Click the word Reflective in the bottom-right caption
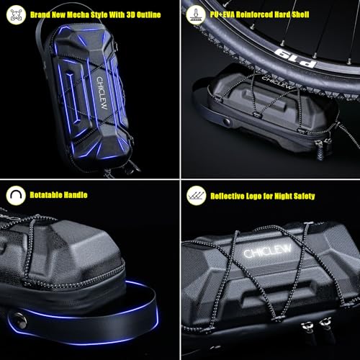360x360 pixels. click(228, 195)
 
